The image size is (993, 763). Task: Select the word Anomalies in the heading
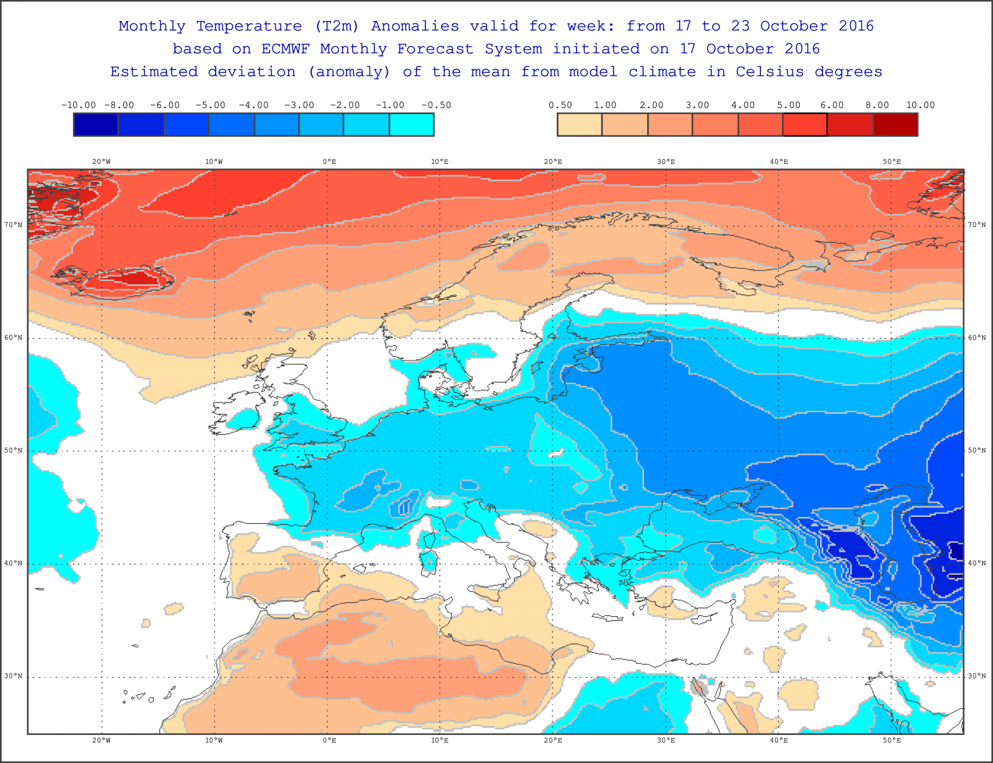[414, 26]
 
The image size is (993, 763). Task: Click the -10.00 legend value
[78, 105]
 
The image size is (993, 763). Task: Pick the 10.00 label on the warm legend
[920, 105]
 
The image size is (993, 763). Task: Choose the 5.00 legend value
[788, 105]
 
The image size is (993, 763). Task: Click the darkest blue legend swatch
[96, 125]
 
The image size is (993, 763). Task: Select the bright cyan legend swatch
[411, 125]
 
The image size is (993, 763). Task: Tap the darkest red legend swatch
[895, 125]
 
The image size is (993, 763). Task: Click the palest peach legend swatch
[579, 125]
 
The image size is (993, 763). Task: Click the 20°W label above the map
[101, 162]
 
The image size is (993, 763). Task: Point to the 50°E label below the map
[891, 740]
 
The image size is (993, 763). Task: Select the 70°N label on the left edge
[14, 225]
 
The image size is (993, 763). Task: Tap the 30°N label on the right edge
[977, 677]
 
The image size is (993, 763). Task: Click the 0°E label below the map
[329, 740]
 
